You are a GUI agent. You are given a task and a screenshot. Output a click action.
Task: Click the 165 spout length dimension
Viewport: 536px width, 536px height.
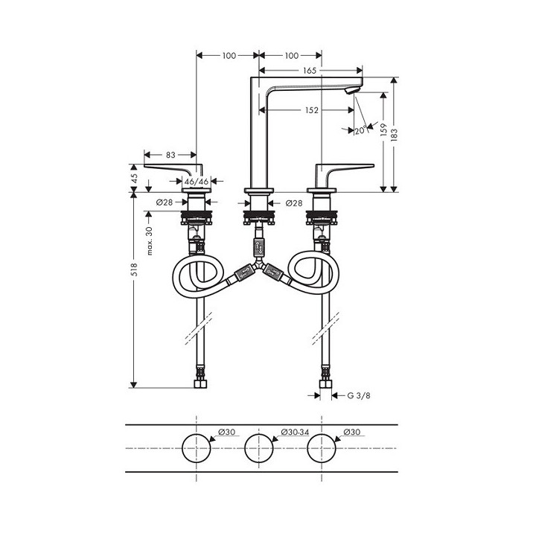[x=310, y=71]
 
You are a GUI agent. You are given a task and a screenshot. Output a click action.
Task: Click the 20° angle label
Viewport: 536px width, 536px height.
[x=360, y=130]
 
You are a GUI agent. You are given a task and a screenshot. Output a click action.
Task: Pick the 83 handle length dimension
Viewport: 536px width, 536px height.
[x=170, y=155]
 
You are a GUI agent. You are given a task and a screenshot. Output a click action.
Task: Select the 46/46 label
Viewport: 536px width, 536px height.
[x=196, y=181]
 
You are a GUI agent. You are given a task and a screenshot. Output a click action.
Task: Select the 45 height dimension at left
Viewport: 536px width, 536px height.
[x=134, y=178]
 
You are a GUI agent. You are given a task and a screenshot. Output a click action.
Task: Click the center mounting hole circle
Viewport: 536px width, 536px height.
[x=259, y=448]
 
